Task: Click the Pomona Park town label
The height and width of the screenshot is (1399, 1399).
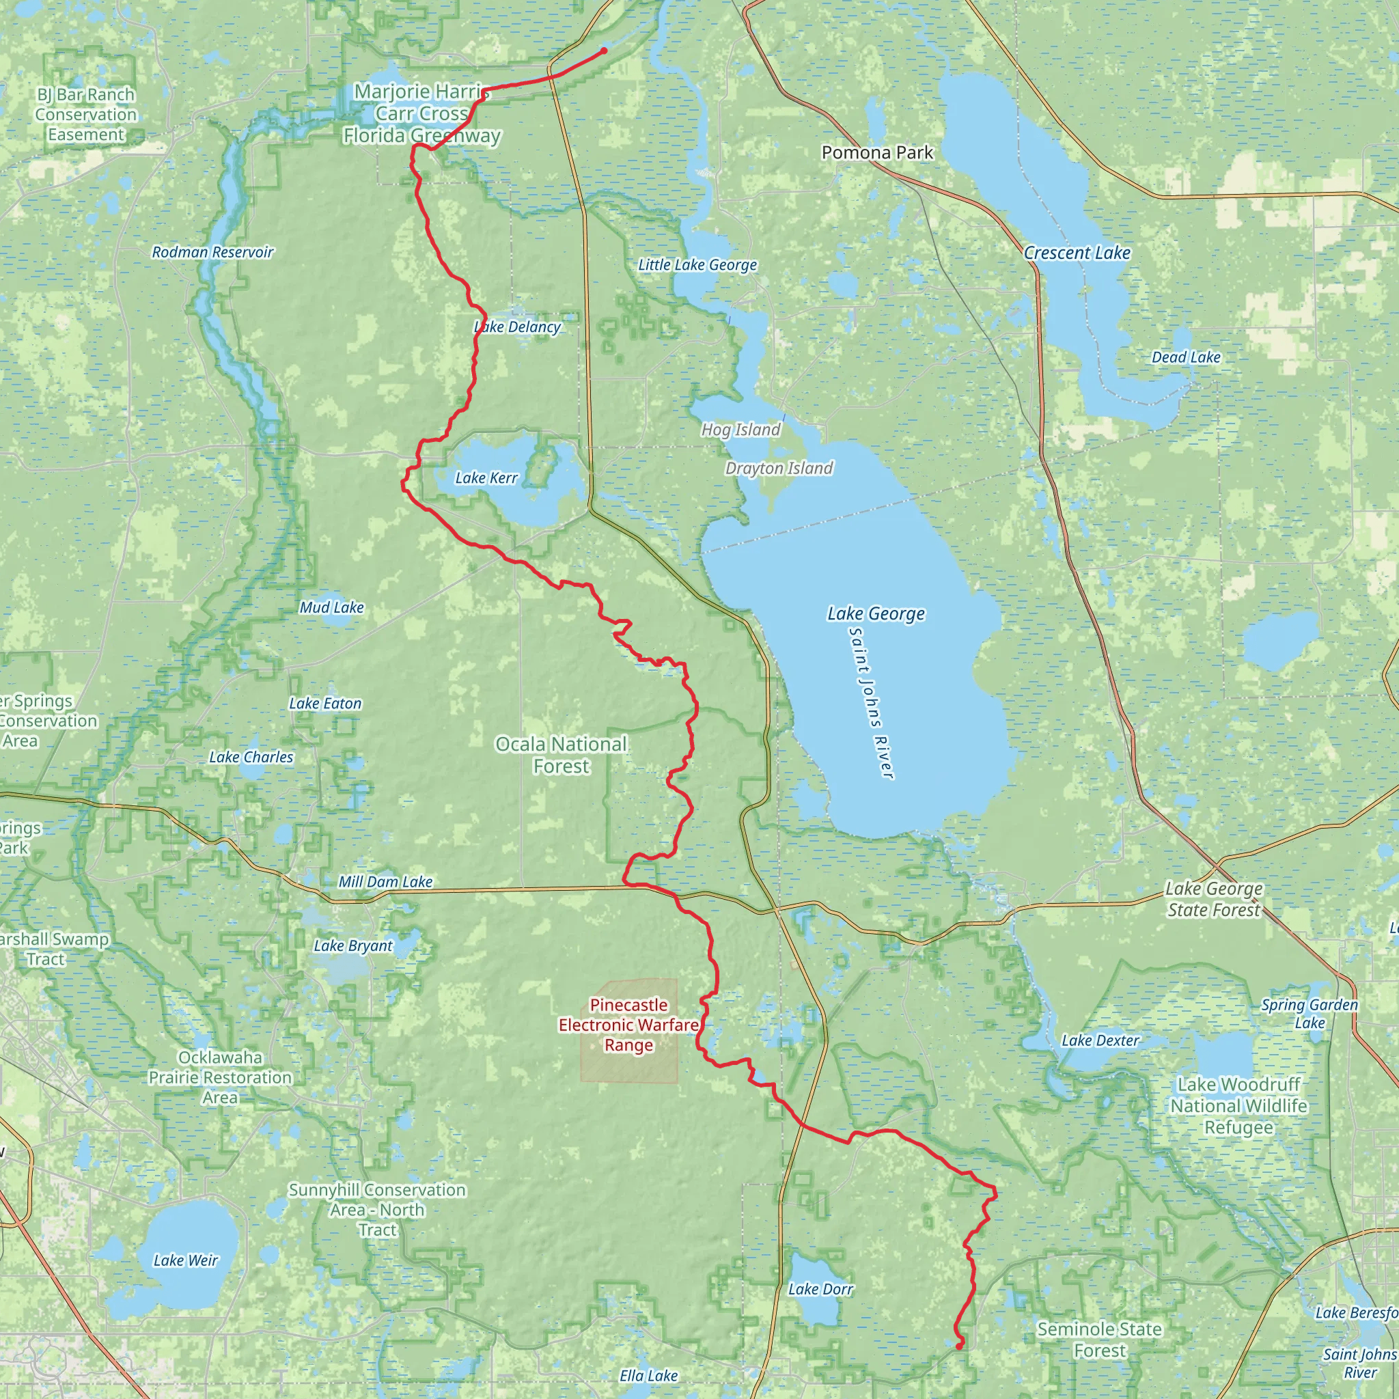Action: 877,153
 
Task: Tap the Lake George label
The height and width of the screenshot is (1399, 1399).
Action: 876,614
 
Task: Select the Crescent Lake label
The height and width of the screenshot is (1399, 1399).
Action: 1077,253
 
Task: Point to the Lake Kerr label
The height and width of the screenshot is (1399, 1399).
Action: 486,478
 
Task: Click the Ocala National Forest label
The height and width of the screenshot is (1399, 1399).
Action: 562,755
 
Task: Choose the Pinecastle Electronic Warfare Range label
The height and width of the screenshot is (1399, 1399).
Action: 628,1025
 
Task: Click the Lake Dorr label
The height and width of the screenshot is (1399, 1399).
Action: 820,1290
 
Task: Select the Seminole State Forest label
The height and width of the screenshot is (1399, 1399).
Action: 1099,1340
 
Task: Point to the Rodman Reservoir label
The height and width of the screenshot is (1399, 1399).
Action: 212,253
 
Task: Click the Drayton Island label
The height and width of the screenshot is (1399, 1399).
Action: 779,469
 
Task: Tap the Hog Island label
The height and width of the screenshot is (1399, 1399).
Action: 740,430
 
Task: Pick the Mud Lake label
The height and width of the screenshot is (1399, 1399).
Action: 331,607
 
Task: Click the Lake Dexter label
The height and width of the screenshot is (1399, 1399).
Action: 1100,1040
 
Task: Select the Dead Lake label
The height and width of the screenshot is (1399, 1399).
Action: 1186,357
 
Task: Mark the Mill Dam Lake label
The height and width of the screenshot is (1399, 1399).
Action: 385,882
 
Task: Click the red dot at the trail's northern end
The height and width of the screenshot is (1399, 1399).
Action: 604,51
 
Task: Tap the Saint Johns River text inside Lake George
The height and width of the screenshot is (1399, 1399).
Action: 872,703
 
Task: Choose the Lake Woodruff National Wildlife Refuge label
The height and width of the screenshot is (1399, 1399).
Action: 1238,1106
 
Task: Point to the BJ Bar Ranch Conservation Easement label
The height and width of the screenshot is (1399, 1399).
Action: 85,114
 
